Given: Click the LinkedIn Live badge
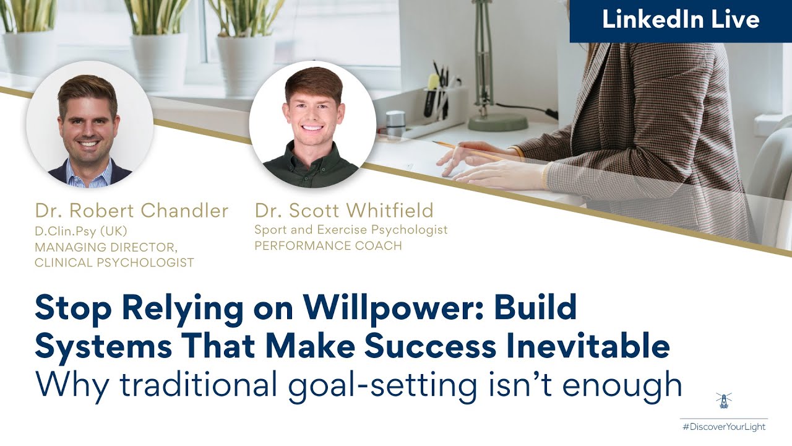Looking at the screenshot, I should tap(681, 20).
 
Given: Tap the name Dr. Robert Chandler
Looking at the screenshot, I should tap(132, 211).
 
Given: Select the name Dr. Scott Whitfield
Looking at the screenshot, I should tap(344, 211).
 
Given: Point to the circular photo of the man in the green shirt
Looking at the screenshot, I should tap(312, 124).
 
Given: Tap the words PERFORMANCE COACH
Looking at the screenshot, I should tap(328, 246).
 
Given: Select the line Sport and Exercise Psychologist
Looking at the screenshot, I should tap(351, 230).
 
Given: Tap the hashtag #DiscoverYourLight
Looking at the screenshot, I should tap(723, 427).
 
